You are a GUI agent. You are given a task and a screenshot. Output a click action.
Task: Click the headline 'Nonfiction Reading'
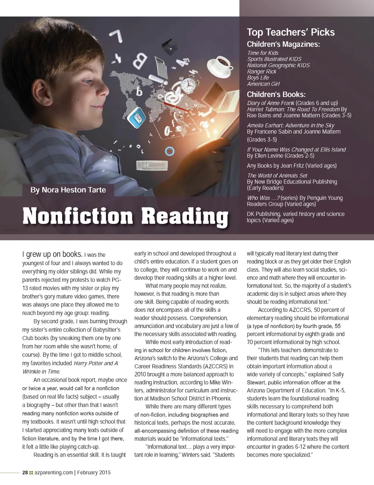point(125,216)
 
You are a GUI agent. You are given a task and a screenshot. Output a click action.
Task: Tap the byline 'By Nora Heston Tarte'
point(68,190)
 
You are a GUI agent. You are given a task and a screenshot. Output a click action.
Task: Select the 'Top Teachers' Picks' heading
point(291,32)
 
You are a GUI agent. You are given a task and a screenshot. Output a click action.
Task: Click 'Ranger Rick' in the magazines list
point(262,72)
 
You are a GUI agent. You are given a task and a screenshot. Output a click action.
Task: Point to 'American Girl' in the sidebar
point(263,84)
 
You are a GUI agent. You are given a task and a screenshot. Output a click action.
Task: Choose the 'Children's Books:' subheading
point(276,94)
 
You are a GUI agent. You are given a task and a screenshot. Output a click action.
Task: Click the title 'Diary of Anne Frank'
point(271,103)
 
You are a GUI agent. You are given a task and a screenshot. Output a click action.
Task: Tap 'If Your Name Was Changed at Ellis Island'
point(296,149)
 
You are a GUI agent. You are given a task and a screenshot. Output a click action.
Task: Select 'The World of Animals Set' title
point(277,176)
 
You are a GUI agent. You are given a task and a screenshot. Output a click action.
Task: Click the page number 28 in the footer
point(25,472)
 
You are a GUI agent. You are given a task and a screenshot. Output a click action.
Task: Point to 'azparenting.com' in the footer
point(54,472)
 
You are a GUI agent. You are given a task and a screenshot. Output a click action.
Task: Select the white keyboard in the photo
point(152,165)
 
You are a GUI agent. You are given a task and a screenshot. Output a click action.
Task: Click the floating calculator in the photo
point(160,68)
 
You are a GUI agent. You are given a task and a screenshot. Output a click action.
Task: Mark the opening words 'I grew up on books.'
point(52,254)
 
